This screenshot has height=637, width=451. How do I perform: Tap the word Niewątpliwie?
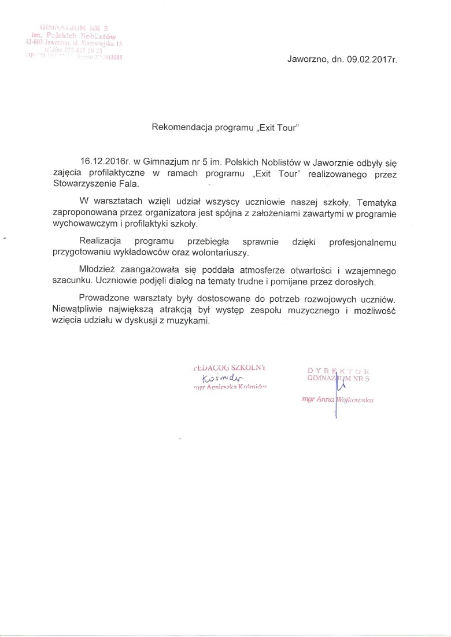pos(79,311)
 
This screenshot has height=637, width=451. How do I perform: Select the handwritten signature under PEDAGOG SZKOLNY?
pos(216,379)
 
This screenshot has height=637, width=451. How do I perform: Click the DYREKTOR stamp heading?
pos(339,369)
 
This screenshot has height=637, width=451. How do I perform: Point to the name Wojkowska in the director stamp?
pos(354,399)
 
